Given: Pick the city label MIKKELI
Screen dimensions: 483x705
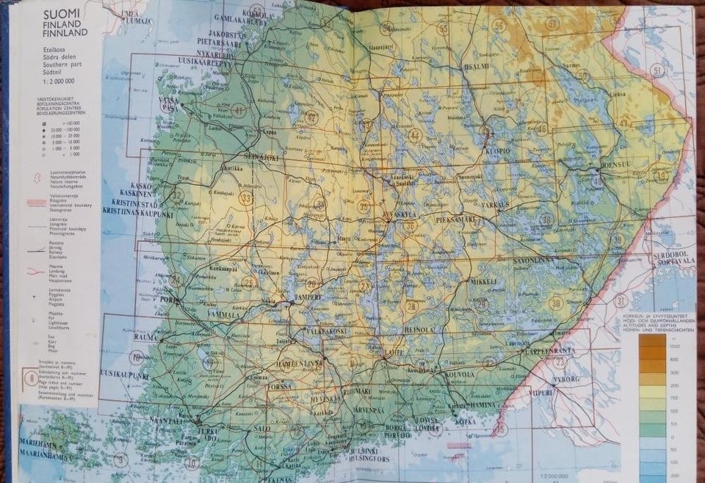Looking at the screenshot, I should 483,281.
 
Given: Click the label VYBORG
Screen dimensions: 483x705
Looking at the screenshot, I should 565,379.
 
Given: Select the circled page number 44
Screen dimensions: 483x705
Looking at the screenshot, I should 415,134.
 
